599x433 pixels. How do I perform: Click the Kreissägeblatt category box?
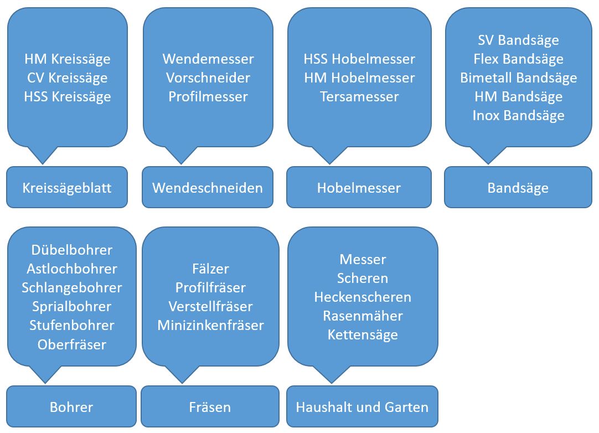(67, 188)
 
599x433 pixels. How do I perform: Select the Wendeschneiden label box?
(208, 188)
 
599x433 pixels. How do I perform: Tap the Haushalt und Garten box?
(362, 408)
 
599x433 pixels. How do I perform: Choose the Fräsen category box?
(210, 408)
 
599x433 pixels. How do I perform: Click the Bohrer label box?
(71, 408)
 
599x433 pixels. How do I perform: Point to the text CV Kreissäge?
(68, 78)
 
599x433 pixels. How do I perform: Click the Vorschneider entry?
(208, 78)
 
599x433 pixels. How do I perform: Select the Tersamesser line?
(359, 96)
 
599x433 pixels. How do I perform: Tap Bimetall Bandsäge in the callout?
(519, 78)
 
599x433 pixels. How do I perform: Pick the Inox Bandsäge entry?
(519, 115)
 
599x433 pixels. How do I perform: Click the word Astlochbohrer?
(72, 269)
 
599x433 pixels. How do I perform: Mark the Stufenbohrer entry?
(72, 325)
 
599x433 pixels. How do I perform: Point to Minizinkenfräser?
(210, 325)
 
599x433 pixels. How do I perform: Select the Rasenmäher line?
(363, 316)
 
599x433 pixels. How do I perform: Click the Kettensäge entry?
(363, 334)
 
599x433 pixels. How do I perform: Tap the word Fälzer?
(210, 269)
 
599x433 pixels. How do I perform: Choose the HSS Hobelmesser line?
(359, 59)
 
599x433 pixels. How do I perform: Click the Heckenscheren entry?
(363, 297)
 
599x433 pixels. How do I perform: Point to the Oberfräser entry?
(72, 344)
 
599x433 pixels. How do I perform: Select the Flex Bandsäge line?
(519, 59)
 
